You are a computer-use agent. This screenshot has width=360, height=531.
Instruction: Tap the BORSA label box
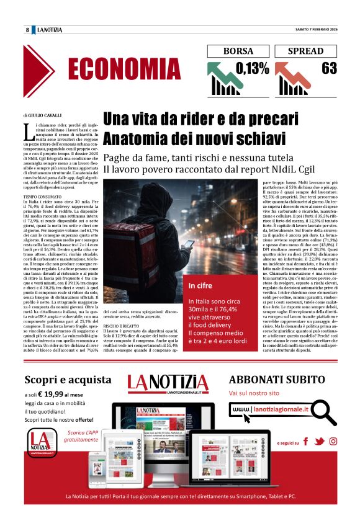click(238, 51)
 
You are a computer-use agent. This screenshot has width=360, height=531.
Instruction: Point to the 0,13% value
click(253, 68)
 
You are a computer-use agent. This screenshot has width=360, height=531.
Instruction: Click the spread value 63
click(329, 68)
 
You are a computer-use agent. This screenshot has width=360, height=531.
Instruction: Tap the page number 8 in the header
click(27, 30)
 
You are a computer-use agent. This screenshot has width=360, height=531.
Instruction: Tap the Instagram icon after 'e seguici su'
click(333, 442)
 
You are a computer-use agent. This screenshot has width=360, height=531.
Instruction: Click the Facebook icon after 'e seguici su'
click(305, 442)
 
